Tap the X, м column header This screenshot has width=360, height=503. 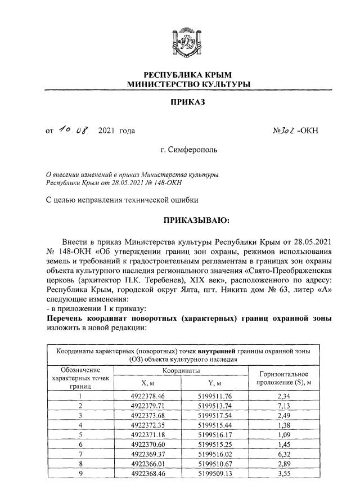pos(138,384)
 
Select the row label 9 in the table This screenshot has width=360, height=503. pos(80,474)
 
